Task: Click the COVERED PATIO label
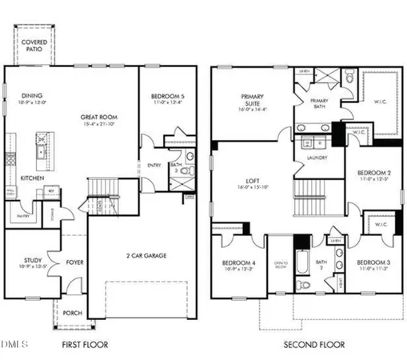tap(34, 45)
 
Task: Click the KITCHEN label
tap(32, 178)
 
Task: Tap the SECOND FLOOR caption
tap(313, 345)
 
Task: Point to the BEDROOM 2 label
tap(373, 173)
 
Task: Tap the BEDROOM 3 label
tap(373, 263)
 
